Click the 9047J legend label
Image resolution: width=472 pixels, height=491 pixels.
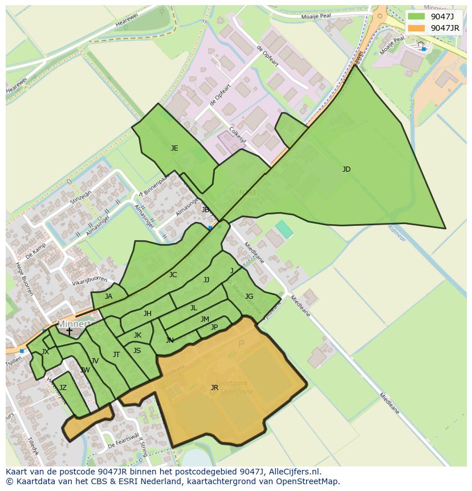[442, 17]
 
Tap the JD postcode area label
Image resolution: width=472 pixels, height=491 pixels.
[346, 169]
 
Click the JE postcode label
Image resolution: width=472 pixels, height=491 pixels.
[174, 148]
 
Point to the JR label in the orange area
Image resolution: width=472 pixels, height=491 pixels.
[214, 388]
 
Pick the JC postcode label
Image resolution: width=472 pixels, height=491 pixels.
[173, 275]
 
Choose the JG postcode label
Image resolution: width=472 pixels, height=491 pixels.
[249, 297]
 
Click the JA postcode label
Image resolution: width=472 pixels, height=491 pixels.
[108, 297]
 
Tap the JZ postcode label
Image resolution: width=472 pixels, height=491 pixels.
[63, 388]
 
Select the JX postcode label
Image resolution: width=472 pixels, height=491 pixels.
[45, 352]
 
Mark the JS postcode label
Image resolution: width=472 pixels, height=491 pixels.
[137, 351]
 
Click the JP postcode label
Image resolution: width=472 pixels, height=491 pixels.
[214, 327]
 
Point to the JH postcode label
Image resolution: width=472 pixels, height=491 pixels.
[148, 314]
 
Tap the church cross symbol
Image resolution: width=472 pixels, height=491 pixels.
[69, 331]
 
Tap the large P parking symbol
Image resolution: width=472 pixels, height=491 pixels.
[241, 344]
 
